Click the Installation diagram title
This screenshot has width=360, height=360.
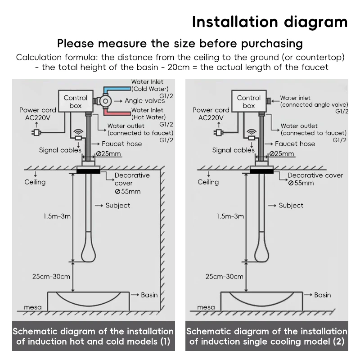pyautogui.click(x=270, y=22)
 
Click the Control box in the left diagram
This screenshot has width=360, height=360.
pyautogui.click(x=75, y=102)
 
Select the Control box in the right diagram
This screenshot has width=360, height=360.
pyautogui.click(x=248, y=102)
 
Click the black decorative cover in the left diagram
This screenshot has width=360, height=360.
pyautogui.click(x=89, y=170)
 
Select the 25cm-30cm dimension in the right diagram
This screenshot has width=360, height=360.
pyautogui.click(x=224, y=276)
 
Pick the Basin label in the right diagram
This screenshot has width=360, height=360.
pyautogui.click(x=322, y=295)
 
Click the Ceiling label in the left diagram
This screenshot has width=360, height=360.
pyautogui.click(x=35, y=182)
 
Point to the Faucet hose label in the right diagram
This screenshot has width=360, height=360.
pyautogui.click(x=295, y=144)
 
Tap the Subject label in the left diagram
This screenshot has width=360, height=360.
pyautogui.click(x=117, y=206)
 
